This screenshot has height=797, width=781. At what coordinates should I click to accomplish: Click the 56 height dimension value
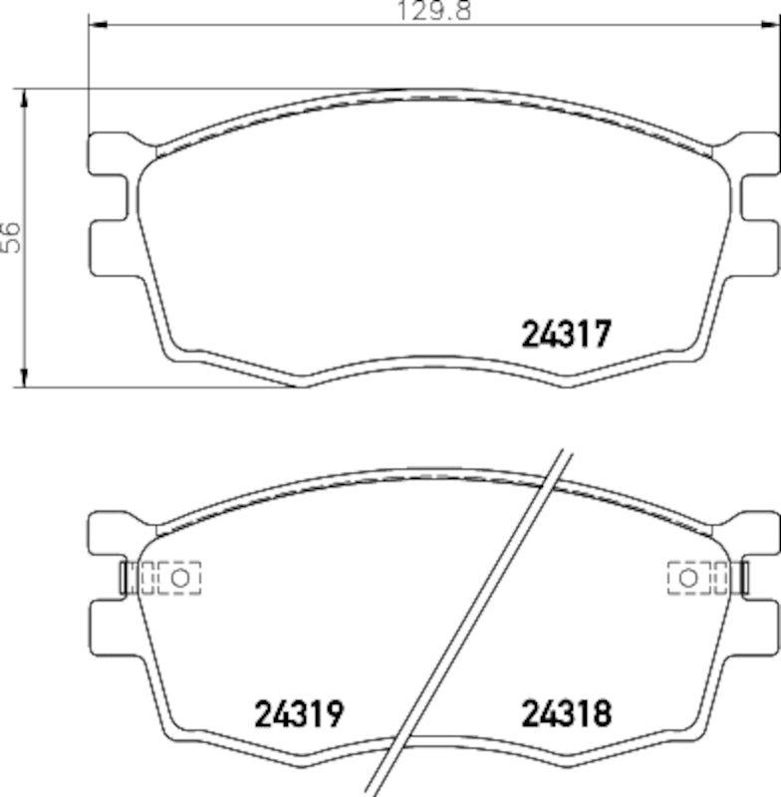11,237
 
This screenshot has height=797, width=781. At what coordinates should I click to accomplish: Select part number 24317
566,333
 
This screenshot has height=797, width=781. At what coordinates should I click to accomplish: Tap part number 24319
299,713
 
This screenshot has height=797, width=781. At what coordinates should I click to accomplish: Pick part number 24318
566,713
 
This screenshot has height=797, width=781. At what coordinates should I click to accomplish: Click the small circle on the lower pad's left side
180,577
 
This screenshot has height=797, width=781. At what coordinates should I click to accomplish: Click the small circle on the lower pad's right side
687,577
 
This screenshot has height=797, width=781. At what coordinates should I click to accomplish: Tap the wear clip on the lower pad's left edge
126,577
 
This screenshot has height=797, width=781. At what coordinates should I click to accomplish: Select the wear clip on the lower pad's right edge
740,577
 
